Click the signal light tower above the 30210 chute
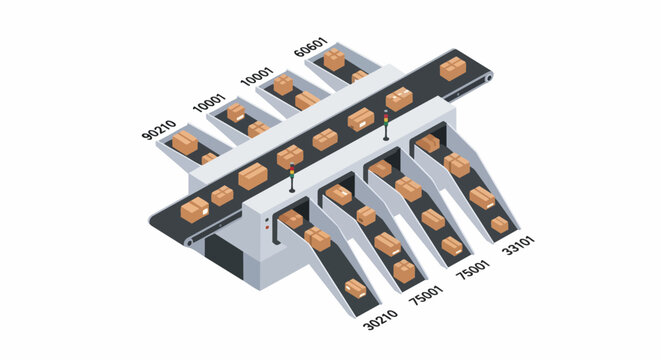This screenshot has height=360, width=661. [292, 177]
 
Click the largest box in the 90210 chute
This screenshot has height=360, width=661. [185, 143]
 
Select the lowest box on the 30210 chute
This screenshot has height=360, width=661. [356, 288]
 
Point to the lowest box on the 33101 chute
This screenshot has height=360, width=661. [499, 224]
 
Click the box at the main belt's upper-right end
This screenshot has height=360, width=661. [452, 69]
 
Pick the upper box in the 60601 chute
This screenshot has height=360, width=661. [334, 59]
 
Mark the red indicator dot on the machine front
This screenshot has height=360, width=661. [267, 229]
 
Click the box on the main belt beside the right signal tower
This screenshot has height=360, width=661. [398, 99]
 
